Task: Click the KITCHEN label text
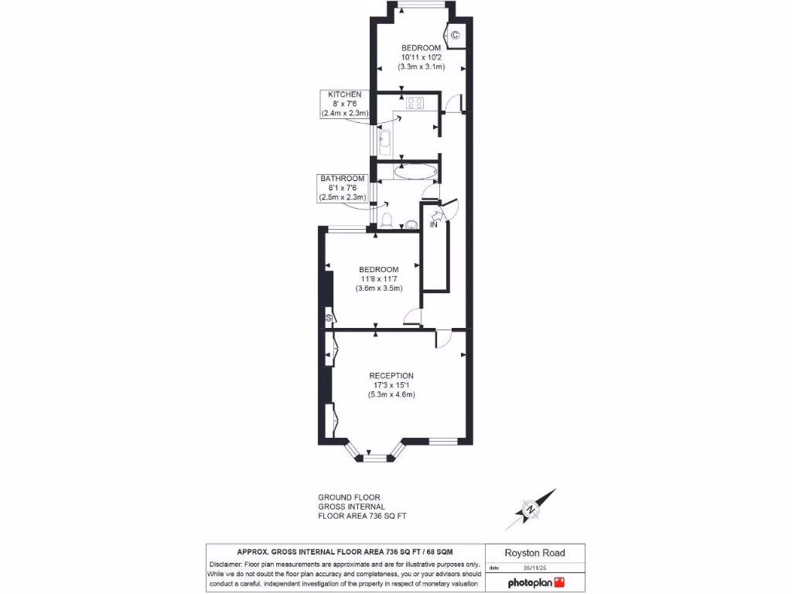(x=345, y=94)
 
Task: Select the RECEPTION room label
(x=391, y=376)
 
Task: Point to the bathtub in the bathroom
(x=415, y=171)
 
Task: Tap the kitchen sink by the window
(x=384, y=140)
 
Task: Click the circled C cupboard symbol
(x=455, y=35)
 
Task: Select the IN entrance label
(x=434, y=225)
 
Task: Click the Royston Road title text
(x=534, y=553)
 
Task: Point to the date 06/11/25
(x=534, y=568)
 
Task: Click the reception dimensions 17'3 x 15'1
(x=391, y=385)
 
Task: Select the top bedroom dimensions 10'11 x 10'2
(x=421, y=57)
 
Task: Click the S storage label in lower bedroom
(x=329, y=317)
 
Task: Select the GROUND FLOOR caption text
(x=349, y=497)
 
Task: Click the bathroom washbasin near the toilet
(x=411, y=224)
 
